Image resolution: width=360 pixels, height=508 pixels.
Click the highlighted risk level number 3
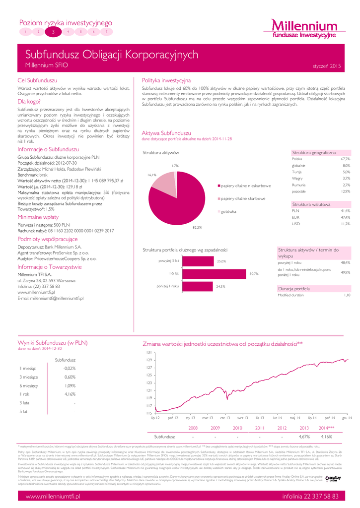point(53,31)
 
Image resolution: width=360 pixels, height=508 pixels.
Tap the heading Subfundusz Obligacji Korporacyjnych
point(112,55)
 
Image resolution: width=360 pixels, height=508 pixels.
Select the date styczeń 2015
point(327,65)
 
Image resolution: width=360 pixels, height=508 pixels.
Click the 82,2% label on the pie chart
point(197,227)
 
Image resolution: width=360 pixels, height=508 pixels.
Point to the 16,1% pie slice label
point(152,175)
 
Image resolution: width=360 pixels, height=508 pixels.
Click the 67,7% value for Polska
point(346,159)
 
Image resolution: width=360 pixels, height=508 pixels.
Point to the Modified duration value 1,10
point(347,295)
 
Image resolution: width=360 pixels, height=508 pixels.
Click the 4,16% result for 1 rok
point(70,394)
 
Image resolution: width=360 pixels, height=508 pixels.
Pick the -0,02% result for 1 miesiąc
point(70,369)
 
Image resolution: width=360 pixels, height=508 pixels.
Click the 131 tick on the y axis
point(148,352)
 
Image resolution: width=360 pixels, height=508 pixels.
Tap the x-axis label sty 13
point(190,419)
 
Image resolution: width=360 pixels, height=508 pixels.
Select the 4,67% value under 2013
point(304,437)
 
